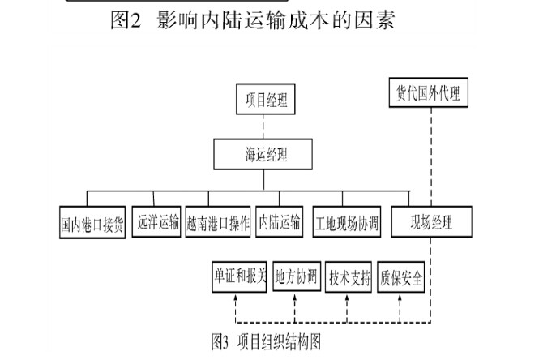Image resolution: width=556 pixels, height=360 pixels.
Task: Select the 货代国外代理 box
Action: [429, 92]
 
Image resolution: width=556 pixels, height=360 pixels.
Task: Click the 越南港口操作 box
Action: [217, 221]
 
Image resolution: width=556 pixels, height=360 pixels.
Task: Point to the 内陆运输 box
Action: [279, 220]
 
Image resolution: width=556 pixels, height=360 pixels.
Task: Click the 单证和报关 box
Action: [239, 277]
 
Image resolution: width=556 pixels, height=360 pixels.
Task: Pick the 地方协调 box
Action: [297, 277]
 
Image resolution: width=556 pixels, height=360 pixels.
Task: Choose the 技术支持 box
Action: [349, 277]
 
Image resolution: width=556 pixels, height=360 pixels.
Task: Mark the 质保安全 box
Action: [400, 277]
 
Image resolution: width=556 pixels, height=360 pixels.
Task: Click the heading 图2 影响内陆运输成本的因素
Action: [252, 20]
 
